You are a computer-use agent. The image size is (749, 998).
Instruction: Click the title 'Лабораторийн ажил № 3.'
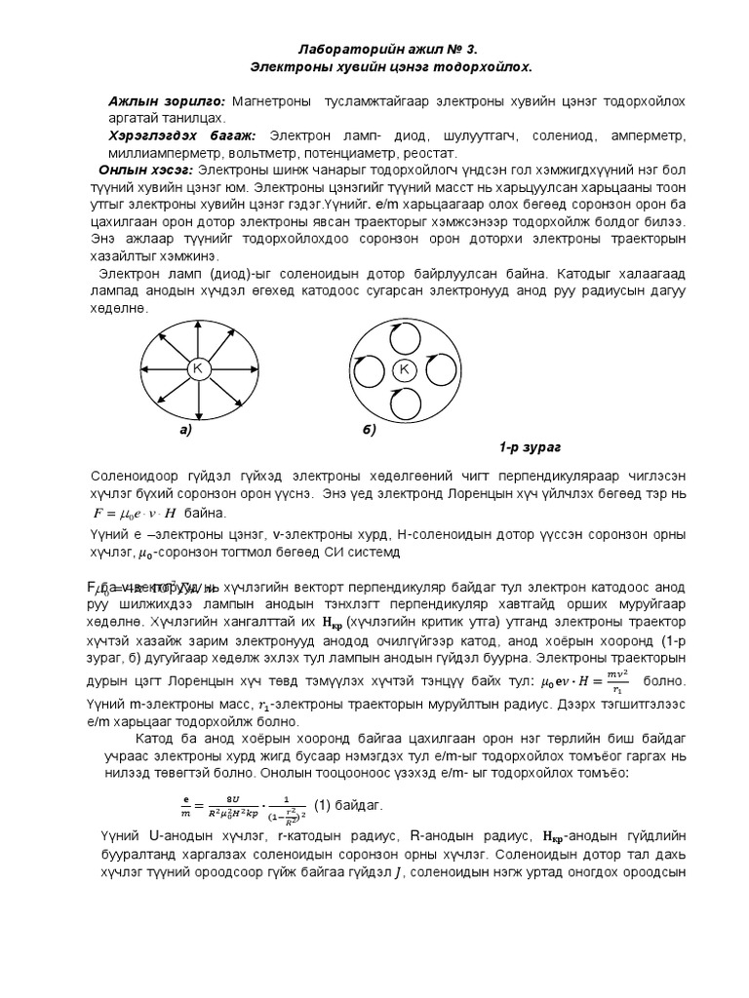point(387,49)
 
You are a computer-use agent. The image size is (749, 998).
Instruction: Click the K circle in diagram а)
point(197,368)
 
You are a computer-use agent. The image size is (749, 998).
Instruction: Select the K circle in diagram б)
point(404,369)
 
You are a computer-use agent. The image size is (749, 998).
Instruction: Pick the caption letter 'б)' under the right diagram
point(368,430)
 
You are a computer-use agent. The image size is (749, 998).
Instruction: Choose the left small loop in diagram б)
point(367,370)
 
